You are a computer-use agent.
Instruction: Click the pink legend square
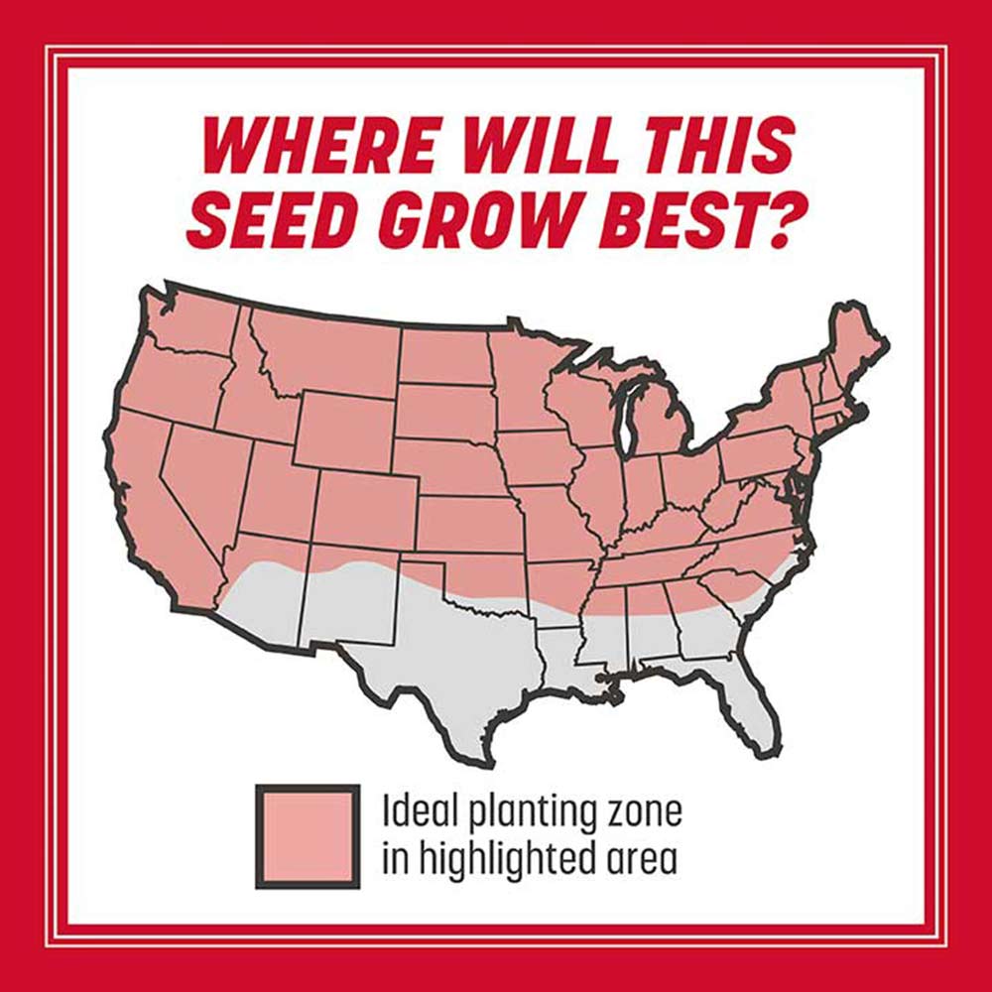click(x=308, y=835)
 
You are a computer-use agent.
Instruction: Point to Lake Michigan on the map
click(x=628, y=417)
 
